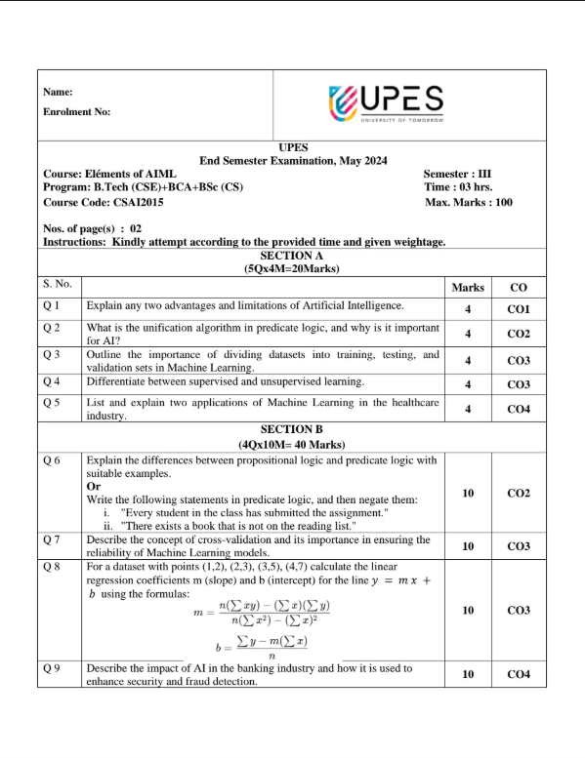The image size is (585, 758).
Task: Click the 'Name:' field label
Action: [59, 92]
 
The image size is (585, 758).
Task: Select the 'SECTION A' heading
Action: [291, 255]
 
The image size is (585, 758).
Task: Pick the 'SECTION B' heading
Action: [291, 429]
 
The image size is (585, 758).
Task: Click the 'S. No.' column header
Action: [58, 284]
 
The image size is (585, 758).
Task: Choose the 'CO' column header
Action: [519, 288]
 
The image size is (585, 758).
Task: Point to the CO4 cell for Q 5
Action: [519, 410]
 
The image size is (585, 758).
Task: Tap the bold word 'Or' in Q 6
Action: [93, 486]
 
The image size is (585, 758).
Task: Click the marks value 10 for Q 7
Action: [468, 547]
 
